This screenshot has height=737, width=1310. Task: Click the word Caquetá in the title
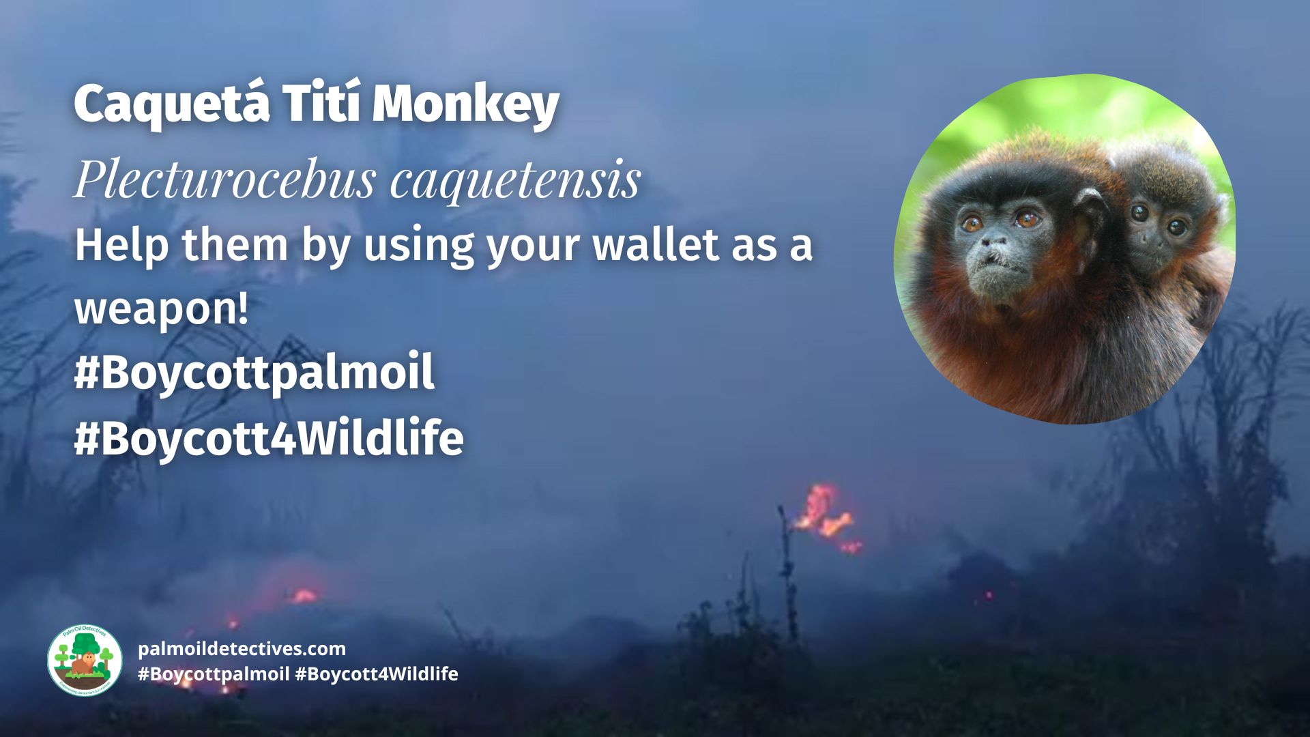172,104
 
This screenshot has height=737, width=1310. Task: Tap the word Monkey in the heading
466,105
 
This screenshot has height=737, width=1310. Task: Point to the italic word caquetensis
516,180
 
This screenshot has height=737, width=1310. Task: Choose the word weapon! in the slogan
161,308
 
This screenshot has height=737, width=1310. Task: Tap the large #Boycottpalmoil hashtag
254,373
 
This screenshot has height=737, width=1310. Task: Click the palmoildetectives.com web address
242,648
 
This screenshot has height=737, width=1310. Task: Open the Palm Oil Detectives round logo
85,660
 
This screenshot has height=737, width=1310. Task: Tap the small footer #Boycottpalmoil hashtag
214,674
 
